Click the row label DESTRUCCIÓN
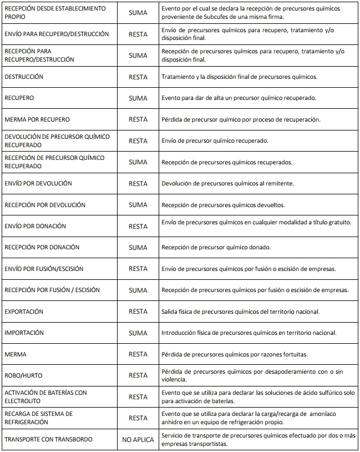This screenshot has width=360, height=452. [x=24, y=77]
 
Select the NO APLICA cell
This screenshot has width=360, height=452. [x=138, y=440]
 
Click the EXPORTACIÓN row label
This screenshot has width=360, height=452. [x=24, y=312]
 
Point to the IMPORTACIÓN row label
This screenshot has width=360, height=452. [x=24, y=333]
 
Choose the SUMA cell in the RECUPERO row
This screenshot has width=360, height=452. [x=138, y=98]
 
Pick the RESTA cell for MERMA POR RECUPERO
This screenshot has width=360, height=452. [x=138, y=119]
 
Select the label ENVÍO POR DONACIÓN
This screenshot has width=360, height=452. [x=35, y=226]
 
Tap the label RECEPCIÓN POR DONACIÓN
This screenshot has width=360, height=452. [x=42, y=247]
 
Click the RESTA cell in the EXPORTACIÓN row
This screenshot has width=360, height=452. [x=138, y=312]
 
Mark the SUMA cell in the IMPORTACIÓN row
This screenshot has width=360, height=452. [x=138, y=333]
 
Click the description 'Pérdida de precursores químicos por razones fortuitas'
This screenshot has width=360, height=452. [x=234, y=354]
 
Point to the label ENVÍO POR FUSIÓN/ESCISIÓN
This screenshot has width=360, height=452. [x=44, y=269]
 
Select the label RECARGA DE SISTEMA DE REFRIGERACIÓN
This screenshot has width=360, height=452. [x=39, y=418]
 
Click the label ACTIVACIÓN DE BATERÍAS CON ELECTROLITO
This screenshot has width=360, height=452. [x=45, y=396]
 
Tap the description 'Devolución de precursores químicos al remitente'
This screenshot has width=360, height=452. [x=227, y=183]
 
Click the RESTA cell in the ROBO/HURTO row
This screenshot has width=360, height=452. [x=138, y=375]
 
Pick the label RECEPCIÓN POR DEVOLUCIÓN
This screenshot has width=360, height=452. [x=45, y=205]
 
